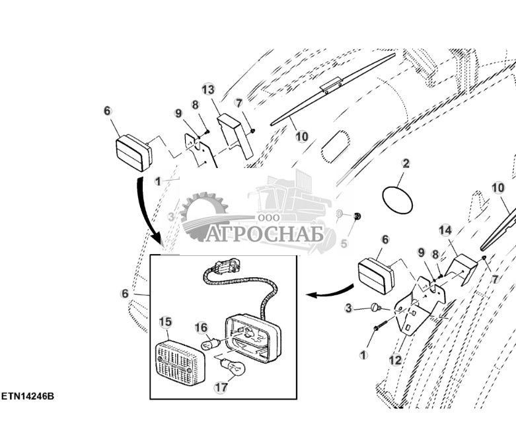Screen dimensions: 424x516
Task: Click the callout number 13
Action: click(x=207, y=89)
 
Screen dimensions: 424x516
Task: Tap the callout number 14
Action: click(x=445, y=230)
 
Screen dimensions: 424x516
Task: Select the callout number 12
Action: click(x=394, y=360)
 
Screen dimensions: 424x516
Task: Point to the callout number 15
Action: click(x=165, y=321)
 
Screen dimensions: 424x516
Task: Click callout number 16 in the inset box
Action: click(x=200, y=327)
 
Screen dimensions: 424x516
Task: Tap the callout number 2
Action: click(x=406, y=163)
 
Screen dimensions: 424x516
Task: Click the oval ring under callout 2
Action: click(x=398, y=199)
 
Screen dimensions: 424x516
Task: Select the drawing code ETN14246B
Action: click(x=27, y=396)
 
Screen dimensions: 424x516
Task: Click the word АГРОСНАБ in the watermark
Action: click(x=264, y=234)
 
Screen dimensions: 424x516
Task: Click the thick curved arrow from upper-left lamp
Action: click(x=149, y=212)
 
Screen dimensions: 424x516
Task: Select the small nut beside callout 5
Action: click(x=357, y=216)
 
